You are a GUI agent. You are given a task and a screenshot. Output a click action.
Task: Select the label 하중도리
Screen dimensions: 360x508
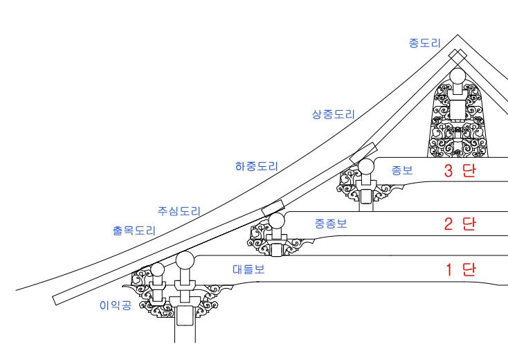256,166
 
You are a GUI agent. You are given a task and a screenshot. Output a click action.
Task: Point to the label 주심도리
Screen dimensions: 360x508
179,210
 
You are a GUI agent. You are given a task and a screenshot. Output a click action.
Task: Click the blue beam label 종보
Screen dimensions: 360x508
401,170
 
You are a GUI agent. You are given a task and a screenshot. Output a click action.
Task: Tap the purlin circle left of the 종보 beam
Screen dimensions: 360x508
365,166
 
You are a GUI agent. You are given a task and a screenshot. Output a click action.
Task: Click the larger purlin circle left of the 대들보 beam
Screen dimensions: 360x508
185,262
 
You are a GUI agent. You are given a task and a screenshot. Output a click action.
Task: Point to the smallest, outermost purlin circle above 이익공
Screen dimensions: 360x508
158,270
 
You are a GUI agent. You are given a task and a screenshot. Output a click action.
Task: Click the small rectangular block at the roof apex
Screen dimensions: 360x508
457,56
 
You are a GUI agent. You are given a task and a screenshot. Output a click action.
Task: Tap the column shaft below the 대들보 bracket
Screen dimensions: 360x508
184,325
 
